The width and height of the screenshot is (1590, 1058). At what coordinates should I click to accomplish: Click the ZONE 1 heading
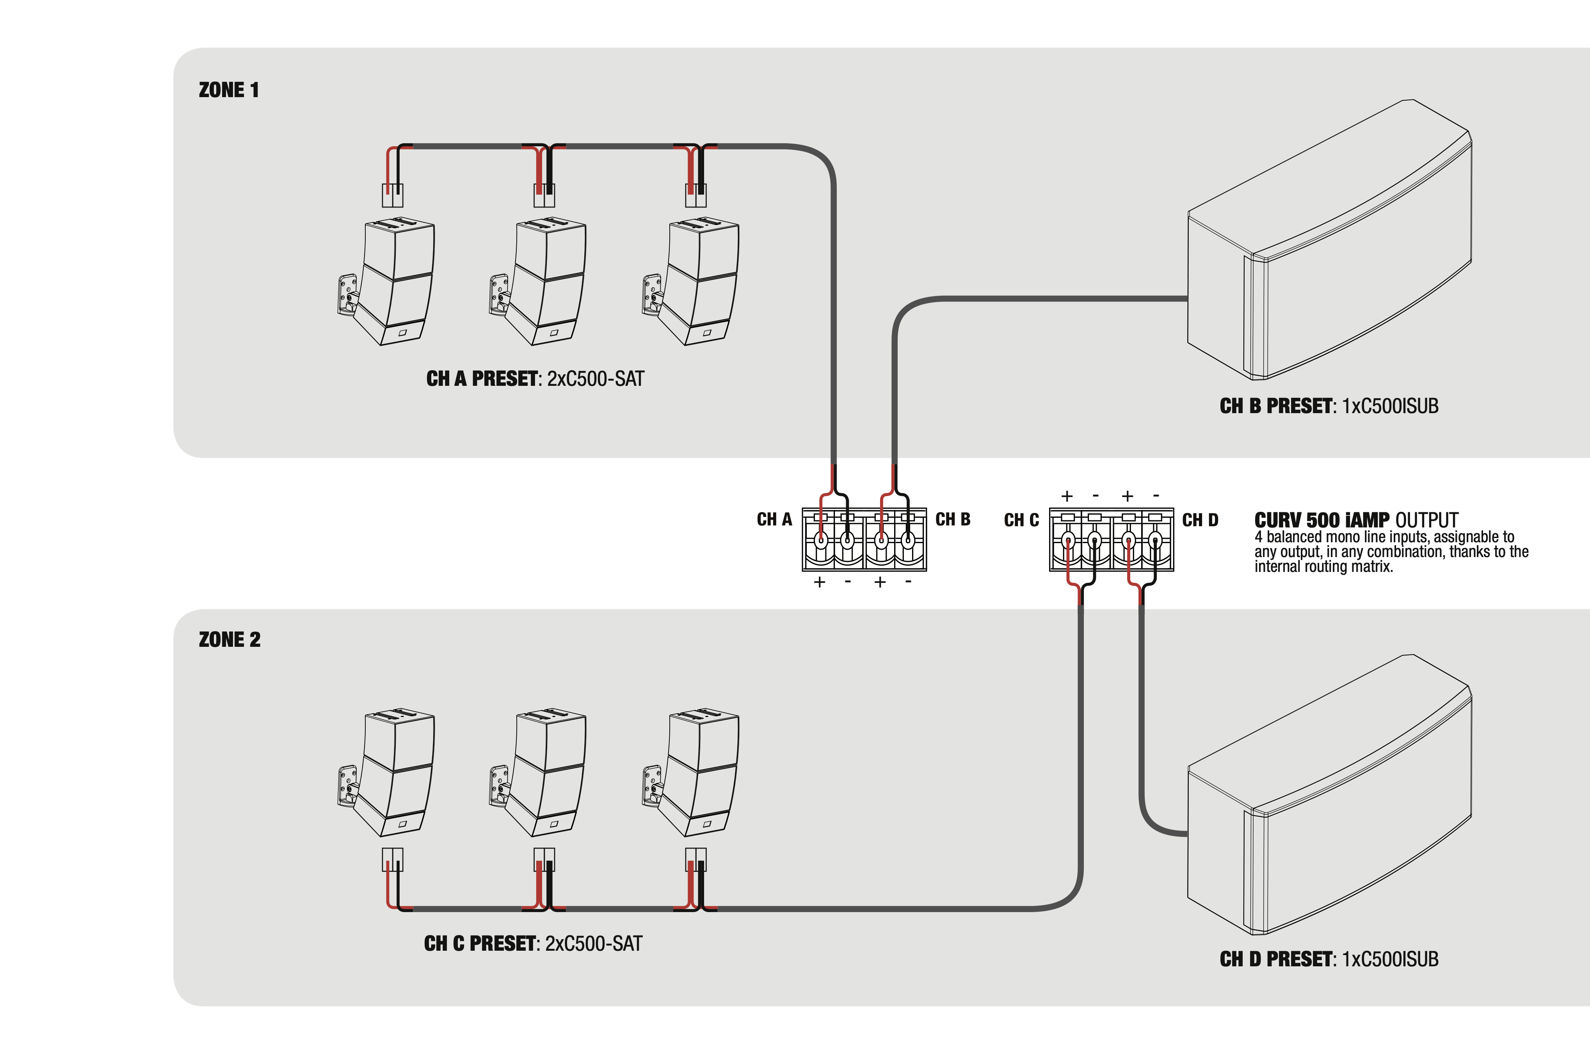click(229, 91)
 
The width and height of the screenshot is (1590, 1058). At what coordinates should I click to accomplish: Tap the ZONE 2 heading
click(229, 640)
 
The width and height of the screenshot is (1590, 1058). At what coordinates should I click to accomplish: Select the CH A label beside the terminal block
click(774, 520)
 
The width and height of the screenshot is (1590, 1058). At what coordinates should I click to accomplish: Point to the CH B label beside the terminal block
click(952, 520)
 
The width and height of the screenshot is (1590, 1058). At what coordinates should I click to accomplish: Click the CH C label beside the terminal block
click(1021, 520)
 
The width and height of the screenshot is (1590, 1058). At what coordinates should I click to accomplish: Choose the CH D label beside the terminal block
click(1200, 520)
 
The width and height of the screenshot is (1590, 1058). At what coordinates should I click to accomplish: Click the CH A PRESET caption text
click(535, 378)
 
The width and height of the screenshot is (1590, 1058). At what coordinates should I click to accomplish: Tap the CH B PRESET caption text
click(1328, 406)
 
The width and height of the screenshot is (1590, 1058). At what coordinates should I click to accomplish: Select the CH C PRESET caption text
click(532, 943)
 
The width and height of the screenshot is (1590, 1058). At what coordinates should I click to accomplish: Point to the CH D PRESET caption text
click(1328, 959)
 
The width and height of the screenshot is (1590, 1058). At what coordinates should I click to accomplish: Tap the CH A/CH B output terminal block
click(864, 540)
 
